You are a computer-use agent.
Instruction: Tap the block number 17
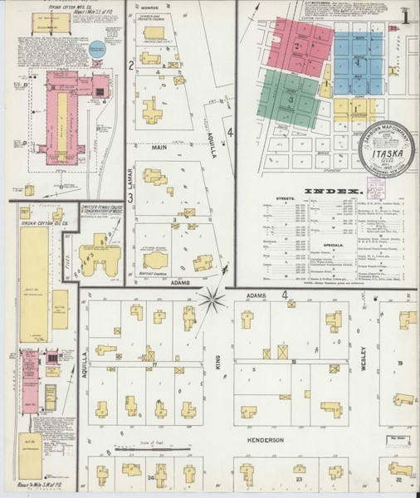click(154, 364)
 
